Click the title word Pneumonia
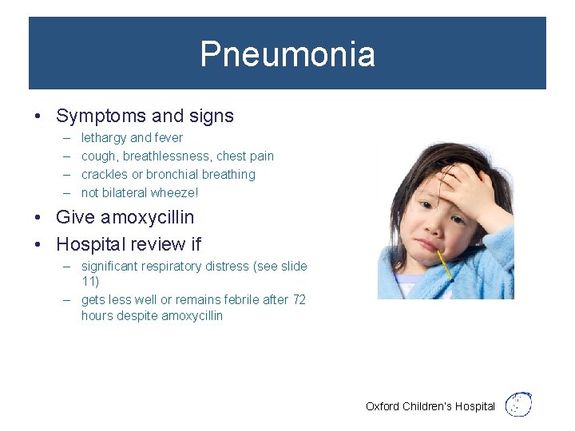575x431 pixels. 287,54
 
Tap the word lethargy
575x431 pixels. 104,138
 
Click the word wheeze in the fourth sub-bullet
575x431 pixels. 176,193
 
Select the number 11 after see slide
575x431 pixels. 89,281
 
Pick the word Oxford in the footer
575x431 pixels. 383,406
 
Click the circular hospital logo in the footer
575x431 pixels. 519,405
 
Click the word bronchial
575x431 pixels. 175,175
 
